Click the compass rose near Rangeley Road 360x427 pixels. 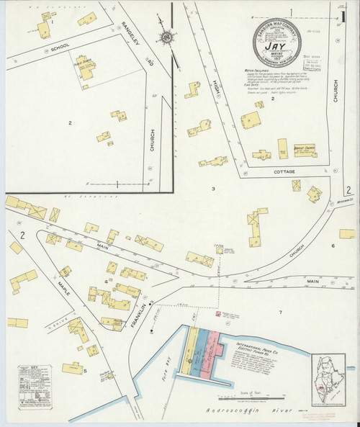pos(167,37)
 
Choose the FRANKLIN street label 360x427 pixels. pos(144,315)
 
